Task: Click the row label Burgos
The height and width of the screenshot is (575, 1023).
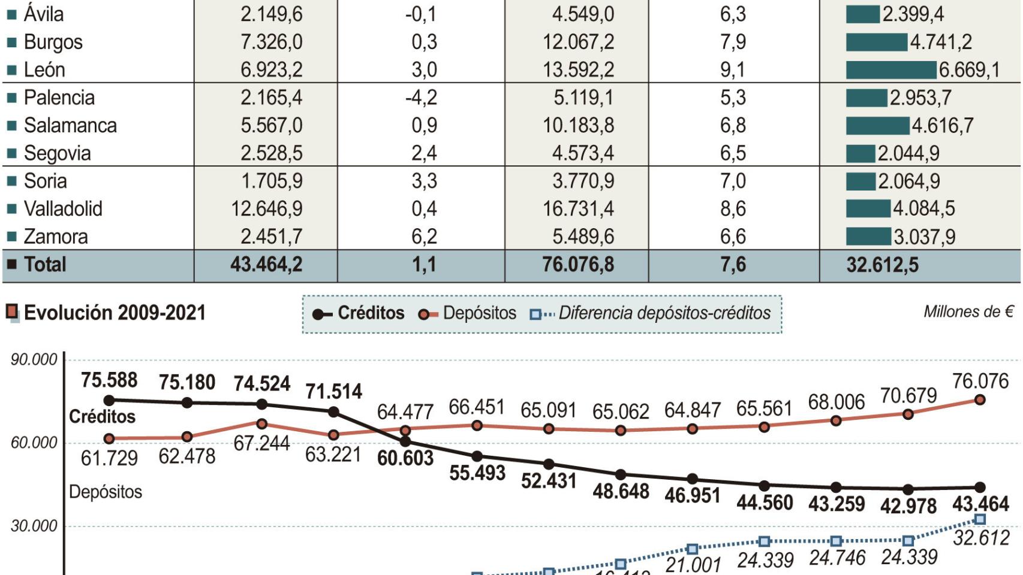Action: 53,42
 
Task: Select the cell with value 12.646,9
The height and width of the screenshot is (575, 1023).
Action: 267,208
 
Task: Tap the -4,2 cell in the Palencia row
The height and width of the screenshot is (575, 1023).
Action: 421,98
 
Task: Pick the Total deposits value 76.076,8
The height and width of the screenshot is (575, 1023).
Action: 578,265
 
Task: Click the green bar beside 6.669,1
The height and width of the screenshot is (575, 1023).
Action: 891,70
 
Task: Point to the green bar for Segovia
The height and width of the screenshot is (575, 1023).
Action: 860,153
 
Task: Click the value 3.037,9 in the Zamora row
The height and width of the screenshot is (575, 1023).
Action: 924,237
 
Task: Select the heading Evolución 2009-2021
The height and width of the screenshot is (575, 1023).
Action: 115,313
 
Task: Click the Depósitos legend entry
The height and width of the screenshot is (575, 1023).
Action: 468,313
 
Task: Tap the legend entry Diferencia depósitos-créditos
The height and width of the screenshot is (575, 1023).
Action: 651,313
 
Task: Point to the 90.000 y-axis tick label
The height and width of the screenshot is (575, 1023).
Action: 34,359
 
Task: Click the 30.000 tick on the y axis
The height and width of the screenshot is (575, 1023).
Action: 34,526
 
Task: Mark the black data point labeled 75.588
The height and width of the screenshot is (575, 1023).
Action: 109,400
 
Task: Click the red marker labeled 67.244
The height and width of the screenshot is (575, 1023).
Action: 262,424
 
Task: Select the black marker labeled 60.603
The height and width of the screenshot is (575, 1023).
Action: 405,442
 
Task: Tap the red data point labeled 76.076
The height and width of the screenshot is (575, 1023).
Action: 980,400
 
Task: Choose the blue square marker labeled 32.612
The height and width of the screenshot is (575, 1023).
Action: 980,519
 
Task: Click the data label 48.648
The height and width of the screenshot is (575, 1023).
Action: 621,492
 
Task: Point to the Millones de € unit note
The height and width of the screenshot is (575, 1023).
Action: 968,312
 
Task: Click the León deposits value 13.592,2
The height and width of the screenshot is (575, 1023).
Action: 578,70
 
